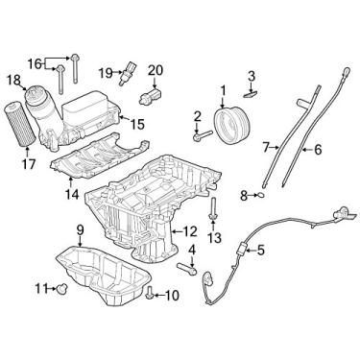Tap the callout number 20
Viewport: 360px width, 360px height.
click(156, 69)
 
